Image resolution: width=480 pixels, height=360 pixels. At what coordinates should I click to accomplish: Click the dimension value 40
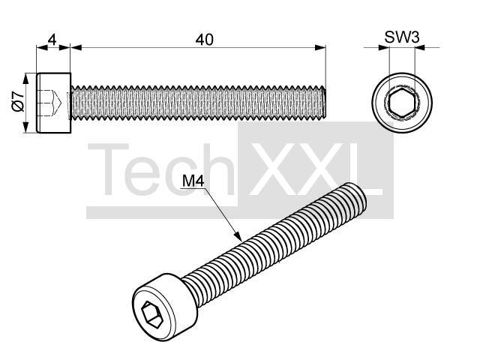pyautogui.click(x=204, y=40)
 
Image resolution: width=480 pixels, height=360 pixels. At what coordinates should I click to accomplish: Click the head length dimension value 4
pyautogui.click(x=52, y=40)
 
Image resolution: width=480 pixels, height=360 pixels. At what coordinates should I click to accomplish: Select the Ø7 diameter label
pyautogui.click(x=18, y=101)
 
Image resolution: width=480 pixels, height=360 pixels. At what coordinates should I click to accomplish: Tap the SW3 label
pyautogui.click(x=402, y=37)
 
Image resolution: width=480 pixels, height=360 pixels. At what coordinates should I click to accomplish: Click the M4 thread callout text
pyautogui.click(x=193, y=181)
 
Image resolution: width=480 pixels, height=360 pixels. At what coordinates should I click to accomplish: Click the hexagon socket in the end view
pyautogui.click(x=401, y=103)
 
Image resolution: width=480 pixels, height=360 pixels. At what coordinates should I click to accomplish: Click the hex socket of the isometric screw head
pyautogui.click(x=152, y=315)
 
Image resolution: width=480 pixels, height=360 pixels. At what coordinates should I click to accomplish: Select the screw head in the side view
pyautogui.click(x=53, y=103)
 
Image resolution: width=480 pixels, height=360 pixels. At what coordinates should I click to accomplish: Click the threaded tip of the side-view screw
pyautogui.click(x=323, y=102)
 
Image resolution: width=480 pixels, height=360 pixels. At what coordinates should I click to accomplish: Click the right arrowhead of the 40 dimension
pyautogui.click(x=320, y=47)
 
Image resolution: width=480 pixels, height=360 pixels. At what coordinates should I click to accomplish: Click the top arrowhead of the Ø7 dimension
pyautogui.click(x=26, y=79)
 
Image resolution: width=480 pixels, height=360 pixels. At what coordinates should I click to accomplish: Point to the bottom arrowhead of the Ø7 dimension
pyautogui.click(x=26, y=127)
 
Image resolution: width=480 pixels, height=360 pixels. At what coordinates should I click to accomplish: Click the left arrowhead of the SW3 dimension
pyautogui.click(x=384, y=47)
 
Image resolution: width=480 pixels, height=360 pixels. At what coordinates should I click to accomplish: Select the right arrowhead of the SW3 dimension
pyautogui.click(x=420, y=47)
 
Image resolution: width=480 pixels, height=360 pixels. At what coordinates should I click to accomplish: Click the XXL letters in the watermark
pyautogui.click(x=316, y=169)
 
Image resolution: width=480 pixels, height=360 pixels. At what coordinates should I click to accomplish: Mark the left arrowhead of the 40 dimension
pyautogui.click(x=76, y=47)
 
